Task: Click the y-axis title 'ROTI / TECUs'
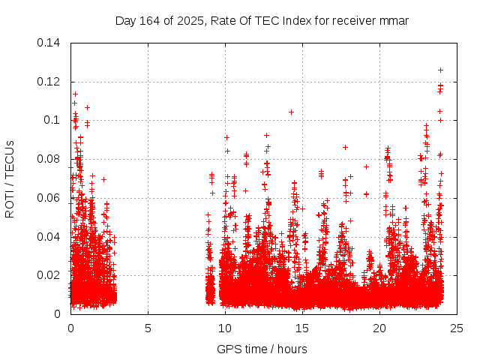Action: click(x=10, y=178)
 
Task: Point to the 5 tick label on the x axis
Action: click(x=148, y=328)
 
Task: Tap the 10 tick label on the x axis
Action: click(x=225, y=328)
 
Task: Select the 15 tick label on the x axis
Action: click(x=302, y=328)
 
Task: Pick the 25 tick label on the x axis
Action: click(x=457, y=328)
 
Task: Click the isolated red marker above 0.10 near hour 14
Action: click(x=291, y=112)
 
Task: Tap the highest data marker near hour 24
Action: click(x=440, y=70)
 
